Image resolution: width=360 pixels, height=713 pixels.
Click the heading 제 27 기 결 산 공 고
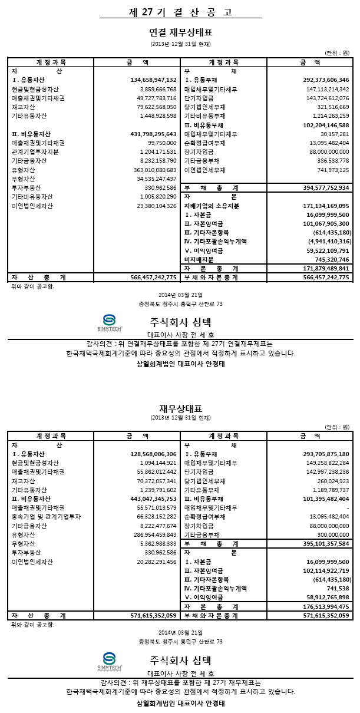pyautogui.click(x=180, y=12)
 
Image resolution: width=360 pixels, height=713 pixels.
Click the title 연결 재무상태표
pyautogui.click(x=180, y=32)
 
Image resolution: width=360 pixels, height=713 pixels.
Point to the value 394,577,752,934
pyautogui.click(x=326, y=188)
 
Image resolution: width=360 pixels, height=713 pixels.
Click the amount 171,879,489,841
pyautogui.click(x=326, y=268)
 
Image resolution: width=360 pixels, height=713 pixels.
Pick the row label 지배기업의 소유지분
pyautogui.click(x=212, y=206)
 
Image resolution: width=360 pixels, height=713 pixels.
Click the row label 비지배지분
pyautogui.click(x=199, y=259)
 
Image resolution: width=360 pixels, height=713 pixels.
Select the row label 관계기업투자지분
pyautogui.click(x=35, y=152)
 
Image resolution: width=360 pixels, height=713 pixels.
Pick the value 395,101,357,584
pyautogui.click(x=326, y=543)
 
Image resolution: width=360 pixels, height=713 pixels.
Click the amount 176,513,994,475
pyautogui.click(x=326, y=606)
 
